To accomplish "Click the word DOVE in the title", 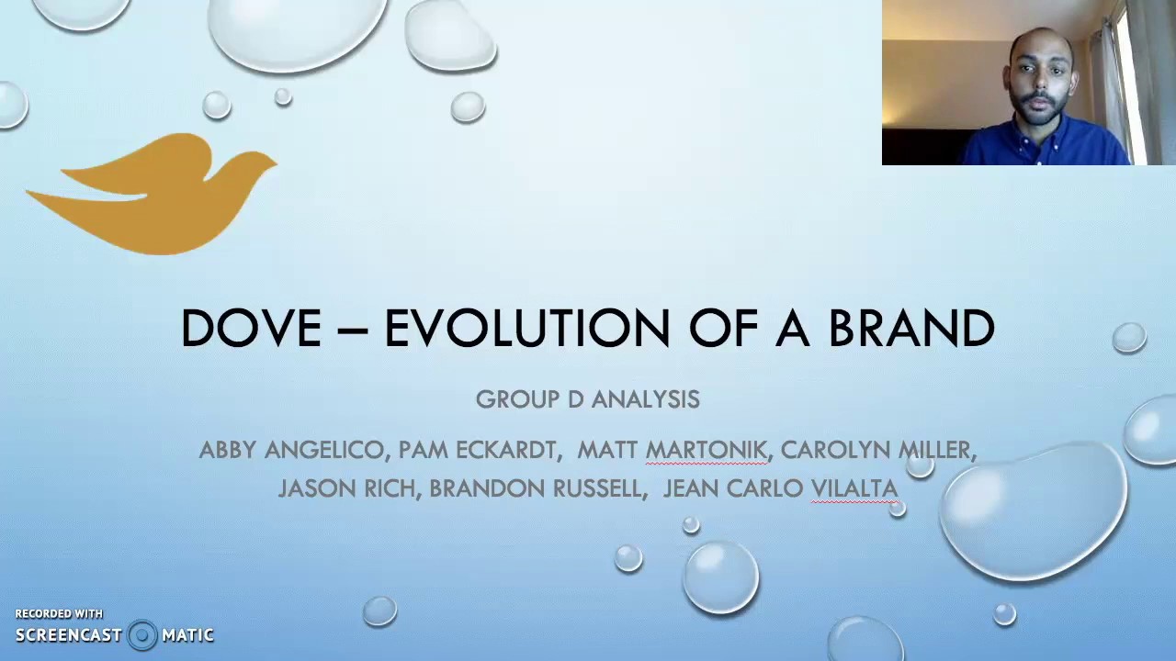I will tap(251, 329).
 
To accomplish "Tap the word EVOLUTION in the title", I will tap(526, 329).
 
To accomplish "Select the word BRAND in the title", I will tap(911, 329).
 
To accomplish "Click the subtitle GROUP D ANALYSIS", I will tap(588, 399).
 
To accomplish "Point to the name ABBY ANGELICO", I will tap(291, 450).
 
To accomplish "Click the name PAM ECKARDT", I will tap(477, 450).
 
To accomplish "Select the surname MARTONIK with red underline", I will tap(706, 450).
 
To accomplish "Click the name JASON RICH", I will tap(346, 488).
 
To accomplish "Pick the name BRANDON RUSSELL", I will tap(535, 488).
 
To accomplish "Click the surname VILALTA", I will tap(854, 488).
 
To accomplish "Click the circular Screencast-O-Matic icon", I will tap(142, 635).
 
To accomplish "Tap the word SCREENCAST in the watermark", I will tap(69, 635).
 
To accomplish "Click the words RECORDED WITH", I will tap(59, 613).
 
